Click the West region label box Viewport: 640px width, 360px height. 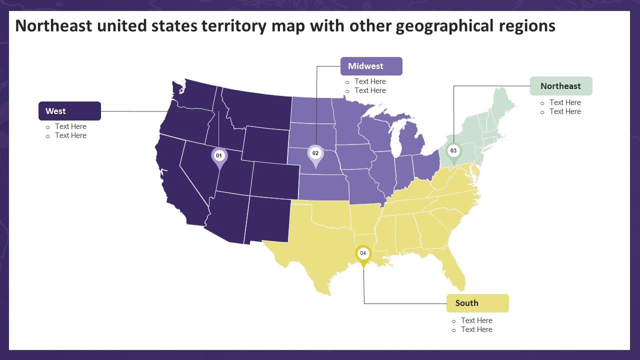point(69,111)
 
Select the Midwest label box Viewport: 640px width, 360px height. point(371,66)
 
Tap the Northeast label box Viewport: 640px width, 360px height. point(561,86)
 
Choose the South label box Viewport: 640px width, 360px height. point(477,303)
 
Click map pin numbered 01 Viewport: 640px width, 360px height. point(219,156)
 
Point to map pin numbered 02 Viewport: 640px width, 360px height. point(315,154)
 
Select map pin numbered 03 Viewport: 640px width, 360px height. point(453,151)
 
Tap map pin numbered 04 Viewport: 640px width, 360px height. point(363,254)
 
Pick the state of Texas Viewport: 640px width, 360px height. point(310,250)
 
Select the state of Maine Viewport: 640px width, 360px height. point(502,105)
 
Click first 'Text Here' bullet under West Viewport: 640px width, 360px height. point(70,126)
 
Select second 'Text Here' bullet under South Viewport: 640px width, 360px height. point(476,329)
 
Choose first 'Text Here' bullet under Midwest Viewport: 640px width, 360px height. point(370,81)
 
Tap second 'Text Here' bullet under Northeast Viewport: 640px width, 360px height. point(565,111)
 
